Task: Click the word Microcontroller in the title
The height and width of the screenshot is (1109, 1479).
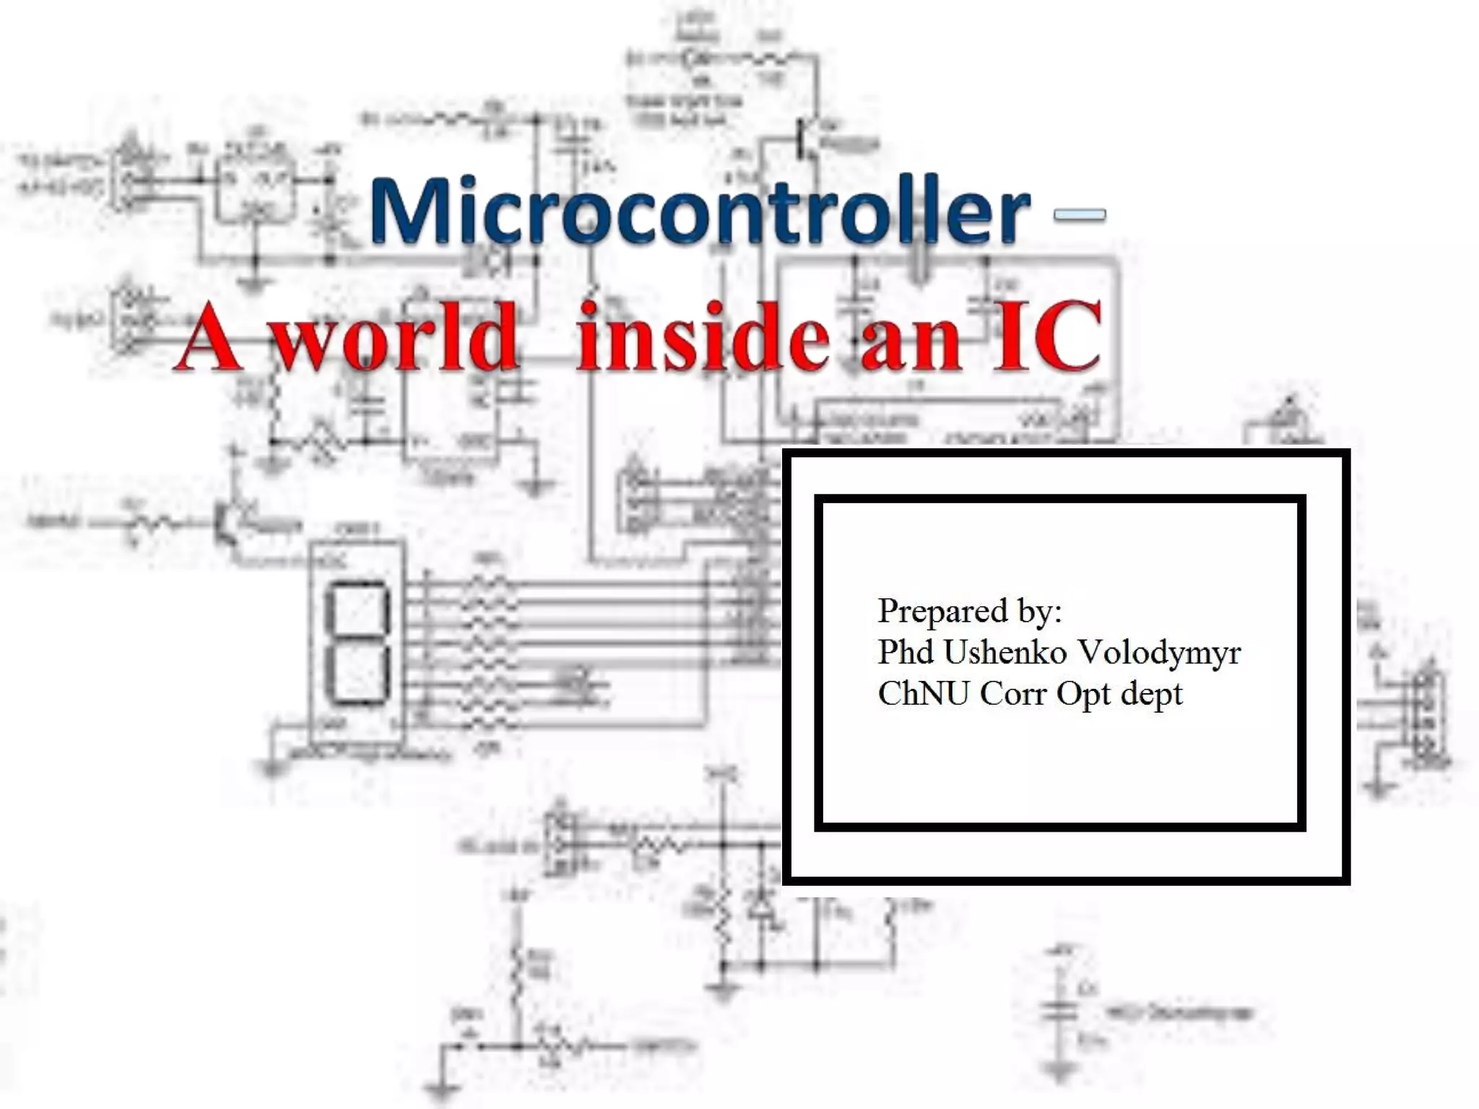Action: point(699,211)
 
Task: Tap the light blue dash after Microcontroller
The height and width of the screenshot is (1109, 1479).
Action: point(1080,214)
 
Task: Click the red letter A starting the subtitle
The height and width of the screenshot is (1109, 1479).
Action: point(208,338)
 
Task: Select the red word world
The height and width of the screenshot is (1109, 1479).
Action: point(396,338)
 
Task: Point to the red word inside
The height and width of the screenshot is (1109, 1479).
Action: point(703,338)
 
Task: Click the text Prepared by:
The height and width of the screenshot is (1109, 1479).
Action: point(970,612)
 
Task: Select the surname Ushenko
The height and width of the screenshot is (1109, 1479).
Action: point(1005,652)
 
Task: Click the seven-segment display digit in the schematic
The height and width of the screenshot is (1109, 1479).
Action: point(357,642)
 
